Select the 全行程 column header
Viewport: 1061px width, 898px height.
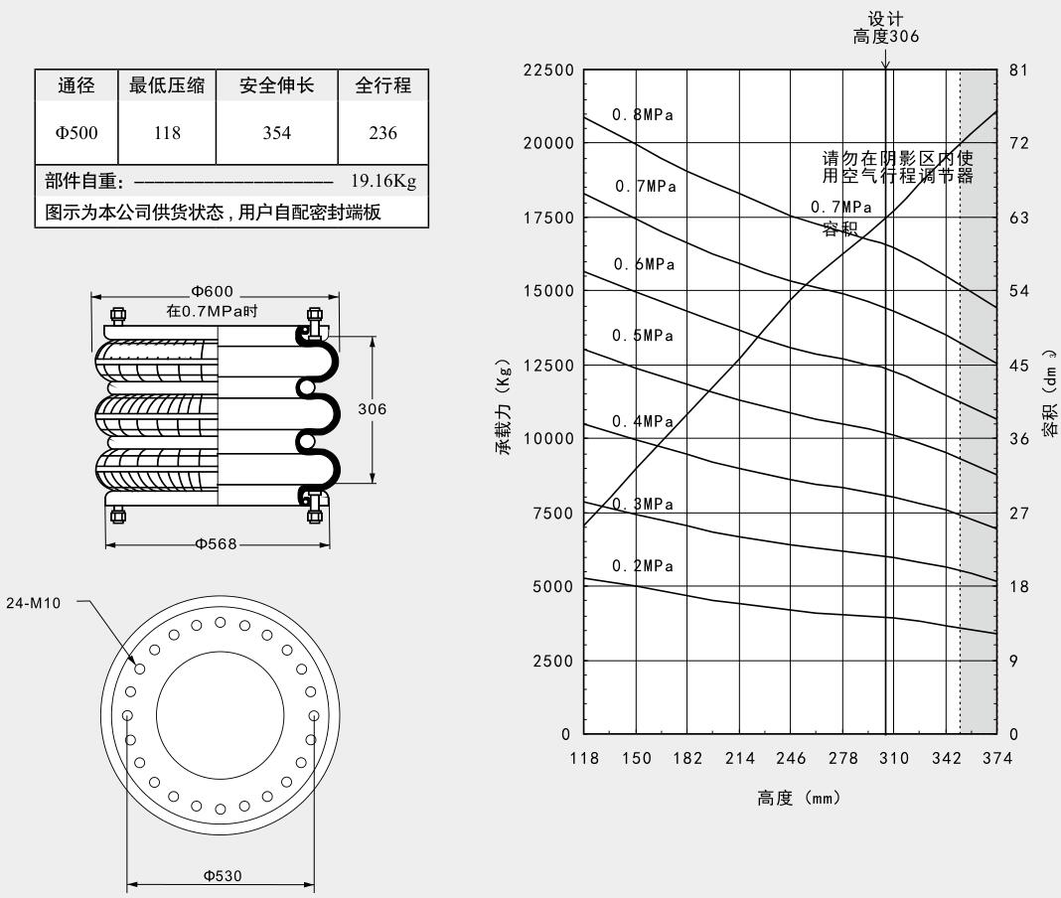[382, 86]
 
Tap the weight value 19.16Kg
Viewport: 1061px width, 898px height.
[382, 182]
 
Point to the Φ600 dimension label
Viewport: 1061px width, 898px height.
[214, 291]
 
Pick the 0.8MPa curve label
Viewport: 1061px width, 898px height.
[642, 114]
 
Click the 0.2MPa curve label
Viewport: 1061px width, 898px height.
[642, 566]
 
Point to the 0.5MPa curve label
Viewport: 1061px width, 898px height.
[642, 335]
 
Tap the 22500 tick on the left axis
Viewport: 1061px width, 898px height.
[547, 71]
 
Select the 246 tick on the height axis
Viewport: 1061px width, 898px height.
[791, 759]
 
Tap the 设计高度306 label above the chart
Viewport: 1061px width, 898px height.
[886, 29]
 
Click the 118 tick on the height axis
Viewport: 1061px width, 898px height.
[584, 759]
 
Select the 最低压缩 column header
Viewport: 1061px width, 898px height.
[166, 86]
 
